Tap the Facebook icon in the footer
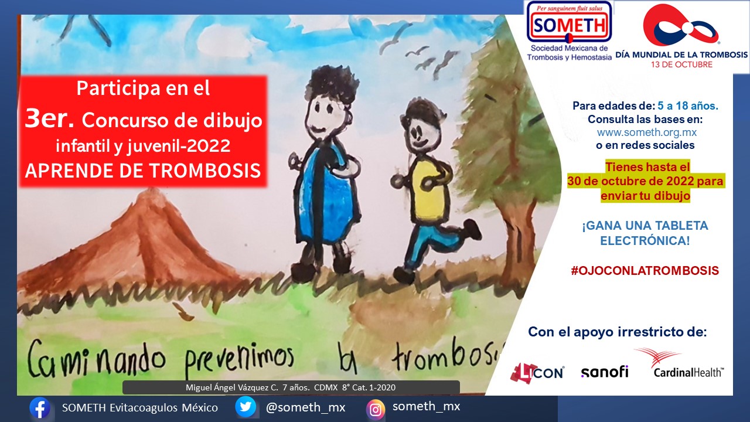tap(40, 408)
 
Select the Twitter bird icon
tap(246, 407)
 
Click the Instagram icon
tap(376, 409)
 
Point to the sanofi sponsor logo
tap(604, 372)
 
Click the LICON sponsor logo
tap(537, 373)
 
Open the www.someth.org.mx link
tap(646, 132)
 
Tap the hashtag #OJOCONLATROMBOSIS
tap(645, 271)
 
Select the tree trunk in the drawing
tap(517, 241)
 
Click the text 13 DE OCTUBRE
tap(681, 64)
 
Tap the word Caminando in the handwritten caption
tap(96, 360)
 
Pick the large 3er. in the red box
tap(49, 119)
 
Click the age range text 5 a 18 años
tap(688, 106)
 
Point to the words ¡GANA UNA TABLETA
tap(645, 226)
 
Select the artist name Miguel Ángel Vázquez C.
tap(231, 387)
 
